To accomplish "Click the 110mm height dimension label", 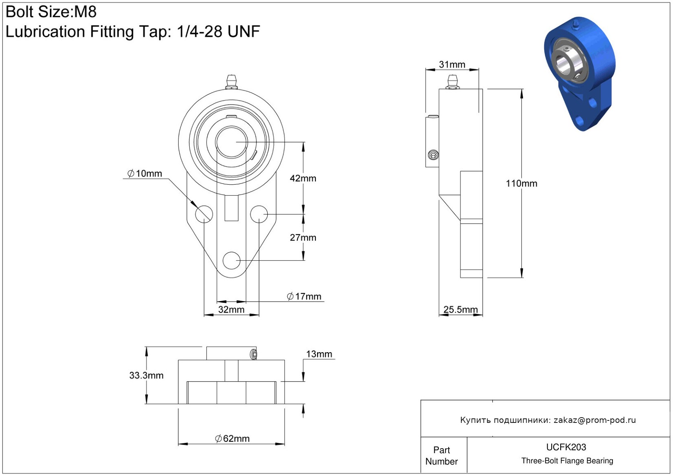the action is (x=521, y=183).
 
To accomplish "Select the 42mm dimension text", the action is (x=303, y=178).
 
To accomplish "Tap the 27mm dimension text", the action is (x=303, y=237).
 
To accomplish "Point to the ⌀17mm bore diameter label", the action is (x=304, y=296).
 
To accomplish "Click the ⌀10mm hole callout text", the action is (x=145, y=173).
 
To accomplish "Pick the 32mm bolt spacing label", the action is (x=231, y=309).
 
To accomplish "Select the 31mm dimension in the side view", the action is (x=452, y=64).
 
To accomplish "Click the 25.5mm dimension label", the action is (x=461, y=309).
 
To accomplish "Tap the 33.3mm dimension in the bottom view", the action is (x=146, y=375).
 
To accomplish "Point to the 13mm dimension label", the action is (x=319, y=354).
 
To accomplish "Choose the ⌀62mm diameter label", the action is (x=232, y=438).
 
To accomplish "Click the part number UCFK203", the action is (x=566, y=447).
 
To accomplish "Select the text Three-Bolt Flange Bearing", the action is (x=567, y=460).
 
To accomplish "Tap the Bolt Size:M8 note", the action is (x=51, y=12).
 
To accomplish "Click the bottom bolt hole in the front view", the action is (x=231, y=260).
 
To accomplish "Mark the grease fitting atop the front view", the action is (x=231, y=82).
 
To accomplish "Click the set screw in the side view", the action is (x=433, y=155).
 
